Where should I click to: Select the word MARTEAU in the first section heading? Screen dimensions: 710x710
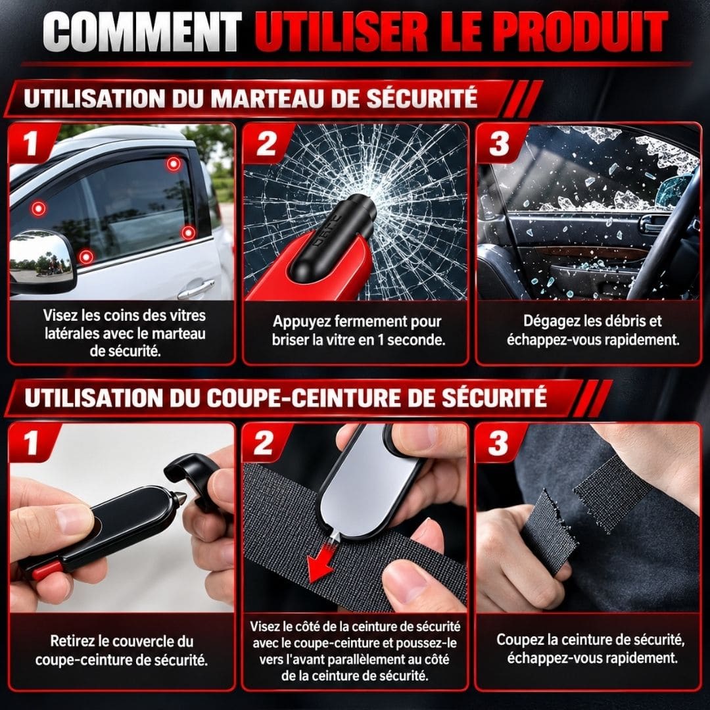[270, 99]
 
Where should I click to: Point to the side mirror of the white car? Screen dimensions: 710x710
[42, 262]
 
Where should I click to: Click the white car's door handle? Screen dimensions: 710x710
[196, 289]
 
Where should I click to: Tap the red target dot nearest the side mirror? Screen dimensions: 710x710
[85, 257]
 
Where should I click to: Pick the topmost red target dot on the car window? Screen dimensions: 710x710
[174, 164]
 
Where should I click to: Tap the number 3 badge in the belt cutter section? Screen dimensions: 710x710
[498, 443]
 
